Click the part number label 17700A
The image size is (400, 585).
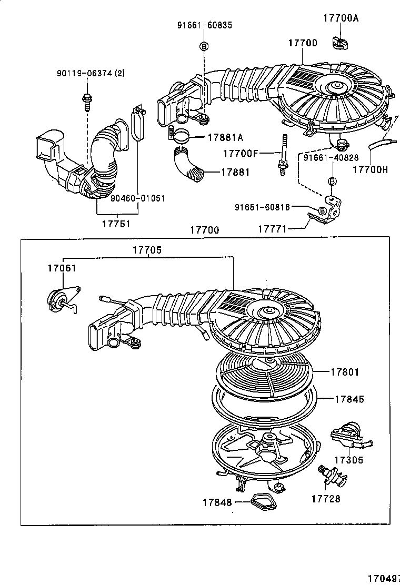(x=341, y=18)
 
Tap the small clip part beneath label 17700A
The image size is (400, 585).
(x=339, y=41)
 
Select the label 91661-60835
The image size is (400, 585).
(x=204, y=25)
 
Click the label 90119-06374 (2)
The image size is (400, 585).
(x=91, y=73)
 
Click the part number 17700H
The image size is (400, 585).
(x=369, y=169)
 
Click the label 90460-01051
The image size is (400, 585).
(x=138, y=198)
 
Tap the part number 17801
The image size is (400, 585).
(x=345, y=372)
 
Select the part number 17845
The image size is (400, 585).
(x=349, y=399)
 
